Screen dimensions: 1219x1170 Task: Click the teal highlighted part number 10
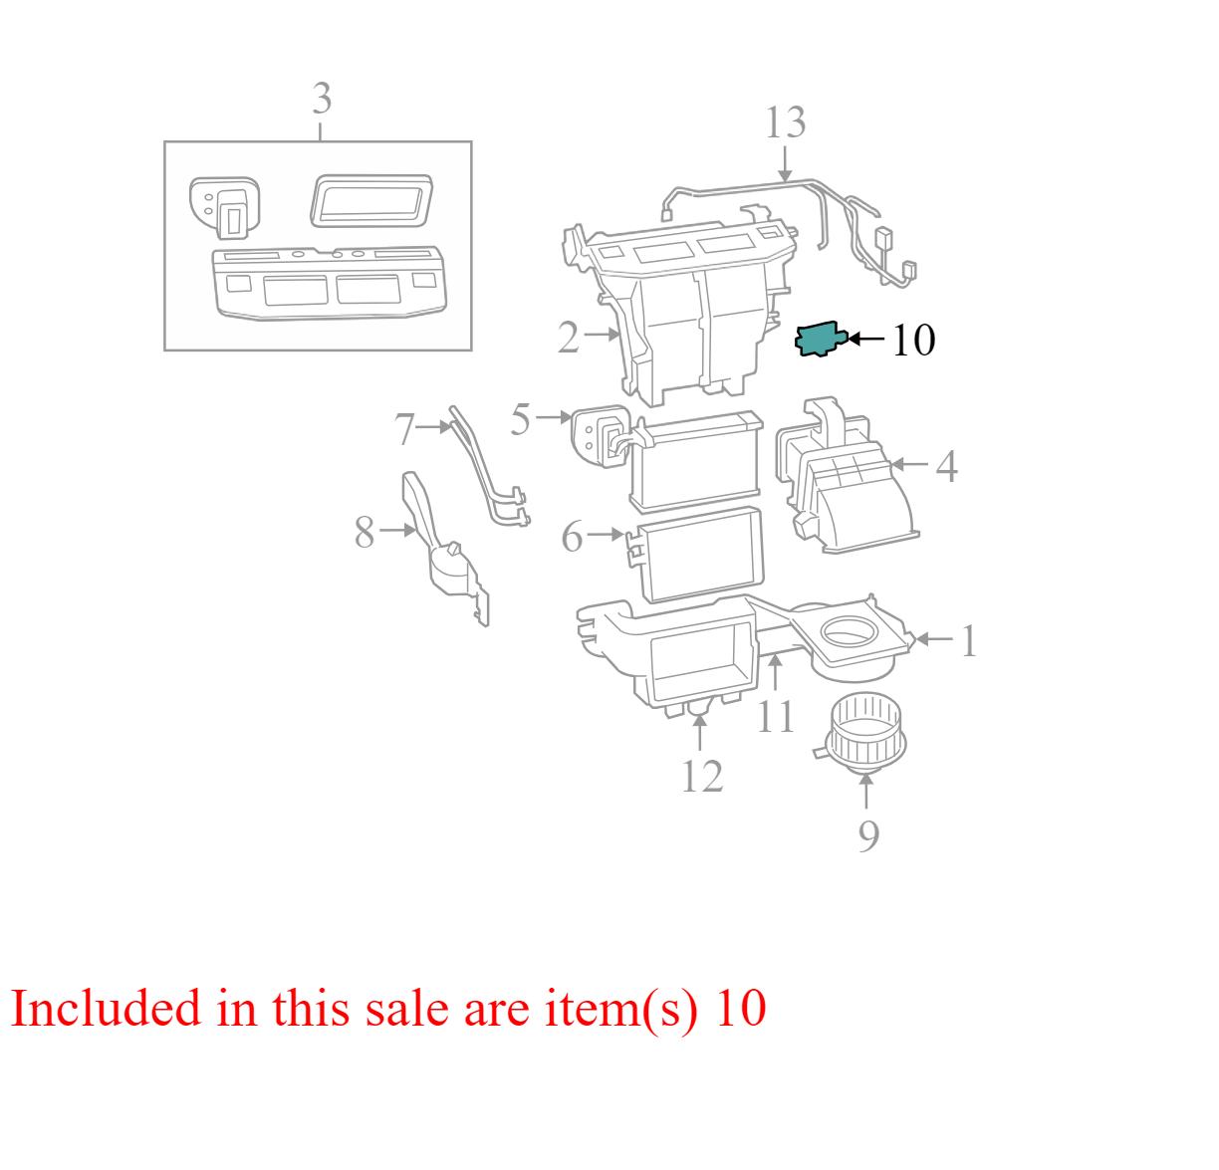pos(820,340)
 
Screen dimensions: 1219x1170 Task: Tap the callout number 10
pos(912,341)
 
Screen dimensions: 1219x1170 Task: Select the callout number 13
pos(785,123)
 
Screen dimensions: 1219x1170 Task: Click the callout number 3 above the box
pos(321,100)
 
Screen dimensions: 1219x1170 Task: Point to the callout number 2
pos(568,338)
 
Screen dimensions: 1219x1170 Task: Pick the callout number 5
pos(520,419)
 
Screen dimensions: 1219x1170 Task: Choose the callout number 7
pos(403,430)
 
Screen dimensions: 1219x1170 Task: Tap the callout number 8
pos(365,533)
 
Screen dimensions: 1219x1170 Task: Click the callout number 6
pos(572,538)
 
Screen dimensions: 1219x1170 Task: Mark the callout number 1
pos(968,642)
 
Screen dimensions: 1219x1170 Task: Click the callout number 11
pos(775,717)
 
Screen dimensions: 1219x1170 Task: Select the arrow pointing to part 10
pos(865,340)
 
